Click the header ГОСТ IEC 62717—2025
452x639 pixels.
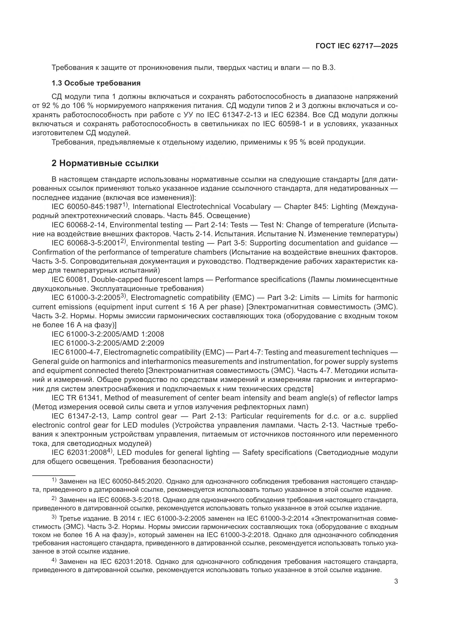(357, 46)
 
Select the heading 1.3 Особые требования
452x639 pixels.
(96, 83)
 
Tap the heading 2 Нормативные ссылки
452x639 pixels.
(105, 163)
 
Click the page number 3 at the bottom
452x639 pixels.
(396, 581)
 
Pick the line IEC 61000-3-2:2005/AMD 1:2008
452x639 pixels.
(108, 334)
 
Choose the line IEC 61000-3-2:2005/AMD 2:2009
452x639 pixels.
(108, 343)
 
